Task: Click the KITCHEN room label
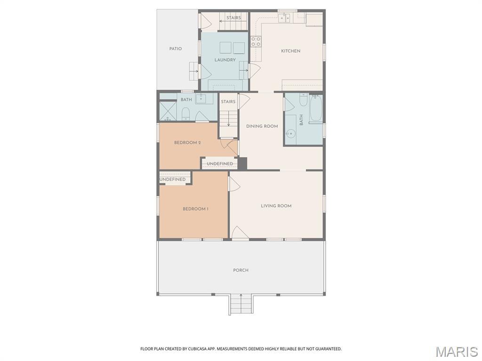click(290, 51)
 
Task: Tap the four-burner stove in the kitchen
click(256, 42)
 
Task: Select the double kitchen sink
click(284, 18)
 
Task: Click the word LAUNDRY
click(225, 60)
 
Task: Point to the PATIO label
click(176, 49)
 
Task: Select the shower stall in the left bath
click(167, 111)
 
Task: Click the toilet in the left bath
click(186, 113)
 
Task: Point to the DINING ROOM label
click(262, 126)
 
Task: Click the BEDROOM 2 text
click(187, 142)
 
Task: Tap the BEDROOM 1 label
click(195, 209)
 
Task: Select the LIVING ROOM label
click(276, 206)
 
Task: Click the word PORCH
click(241, 270)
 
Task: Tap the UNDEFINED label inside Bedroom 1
click(173, 180)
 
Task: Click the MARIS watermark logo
click(456, 351)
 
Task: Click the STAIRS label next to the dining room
click(228, 102)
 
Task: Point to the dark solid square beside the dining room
click(242, 163)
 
